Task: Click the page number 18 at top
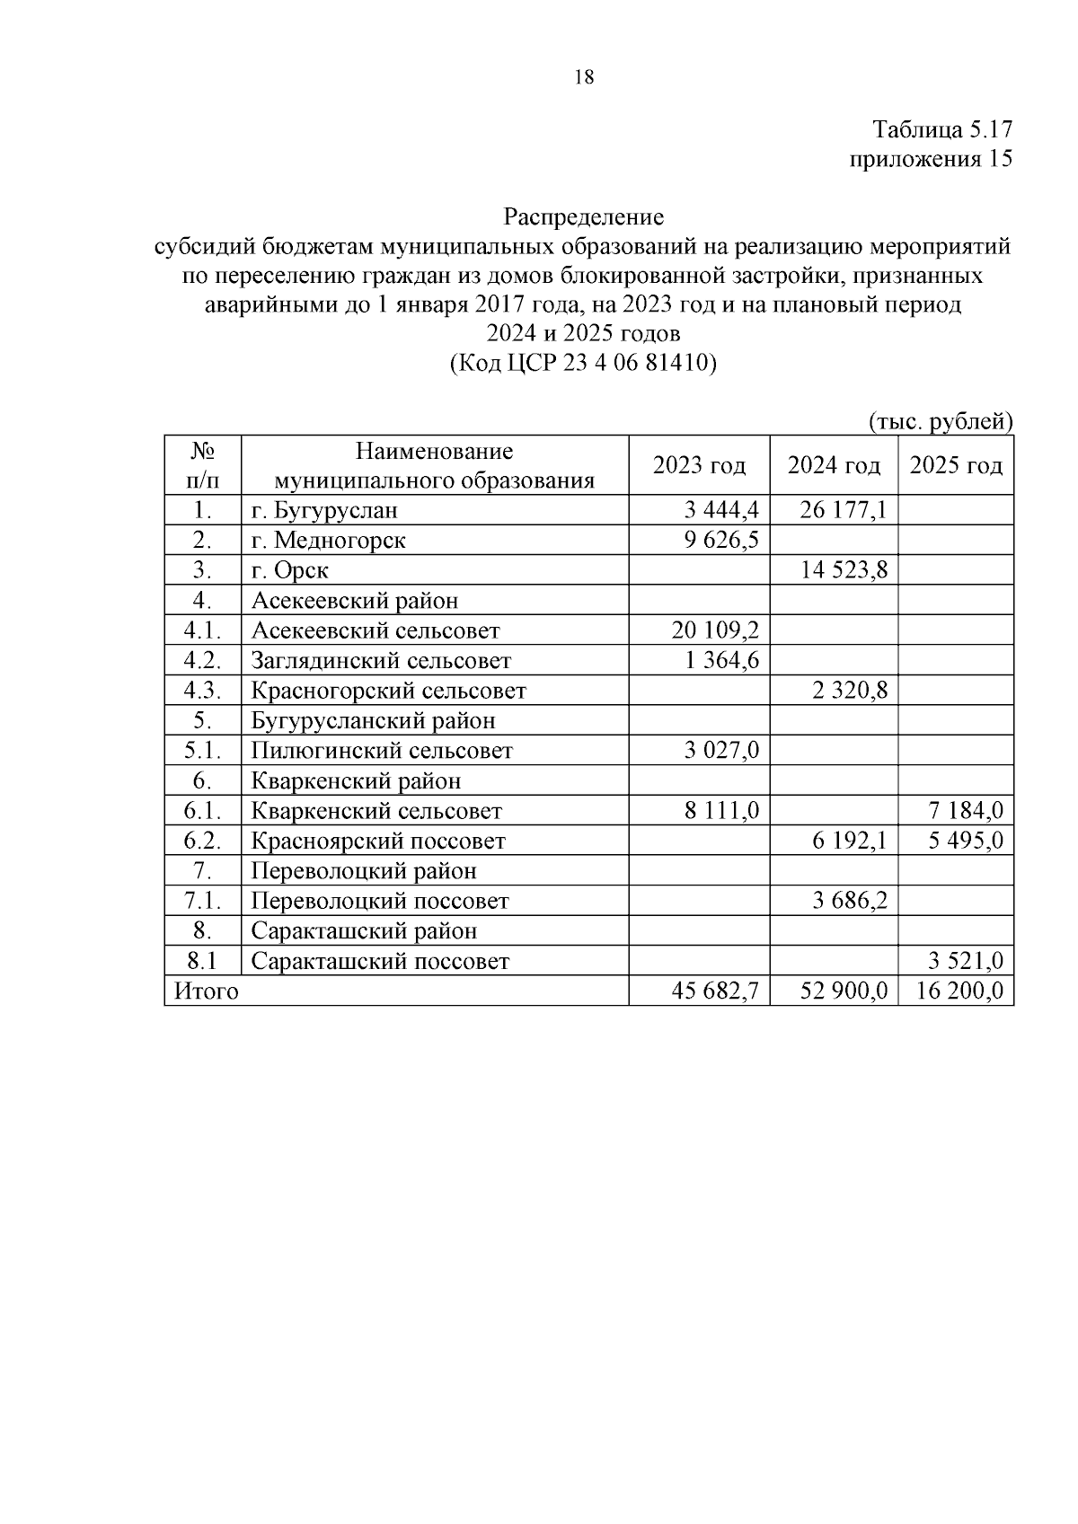coord(583,77)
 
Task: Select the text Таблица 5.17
coord(942,129)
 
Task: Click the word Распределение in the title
coord(583,217)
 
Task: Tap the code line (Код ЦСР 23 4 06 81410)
coord(583,363)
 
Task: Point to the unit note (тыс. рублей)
coord(941,421)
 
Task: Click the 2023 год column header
coord(699,465)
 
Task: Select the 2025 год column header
coord(956,465)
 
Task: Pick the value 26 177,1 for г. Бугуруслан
coord(844,511)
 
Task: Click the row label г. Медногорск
coord(328,541)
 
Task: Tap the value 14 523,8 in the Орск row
coord(844,571)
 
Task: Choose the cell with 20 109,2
coord(715,631)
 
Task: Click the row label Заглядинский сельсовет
coord(381,661)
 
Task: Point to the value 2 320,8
coord(850,692)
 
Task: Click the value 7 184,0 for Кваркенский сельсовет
coord(966,812)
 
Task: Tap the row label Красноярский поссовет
coord(378,841)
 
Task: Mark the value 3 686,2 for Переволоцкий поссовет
coord(850,901)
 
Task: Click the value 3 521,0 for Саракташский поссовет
coord(966,962)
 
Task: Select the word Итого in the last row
coord(207,991)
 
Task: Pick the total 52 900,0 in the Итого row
coord(844,991)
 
